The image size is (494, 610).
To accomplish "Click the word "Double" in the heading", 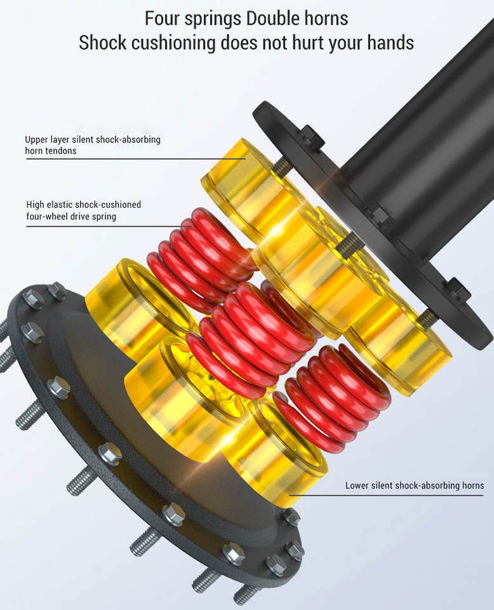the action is (273, 18).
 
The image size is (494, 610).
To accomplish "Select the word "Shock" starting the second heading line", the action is (103, 42).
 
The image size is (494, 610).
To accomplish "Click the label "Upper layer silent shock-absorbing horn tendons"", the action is (93, 145).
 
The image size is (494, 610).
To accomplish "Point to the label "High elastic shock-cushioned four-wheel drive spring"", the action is (84, 210).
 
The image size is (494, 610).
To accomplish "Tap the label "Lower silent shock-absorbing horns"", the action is (415, 485).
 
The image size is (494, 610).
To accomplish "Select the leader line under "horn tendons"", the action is (136, 159).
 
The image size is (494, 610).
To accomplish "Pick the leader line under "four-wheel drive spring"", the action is (109, 226).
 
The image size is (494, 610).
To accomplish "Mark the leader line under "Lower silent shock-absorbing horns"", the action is (386, 495).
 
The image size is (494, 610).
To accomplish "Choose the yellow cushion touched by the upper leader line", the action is (241, 187).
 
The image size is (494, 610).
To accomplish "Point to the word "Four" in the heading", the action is (162, 18).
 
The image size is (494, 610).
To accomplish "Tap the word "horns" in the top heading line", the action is (326, 18).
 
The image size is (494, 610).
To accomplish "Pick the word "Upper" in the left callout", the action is (36, 140).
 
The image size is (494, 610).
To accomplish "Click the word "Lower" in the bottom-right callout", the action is (356, 485).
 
